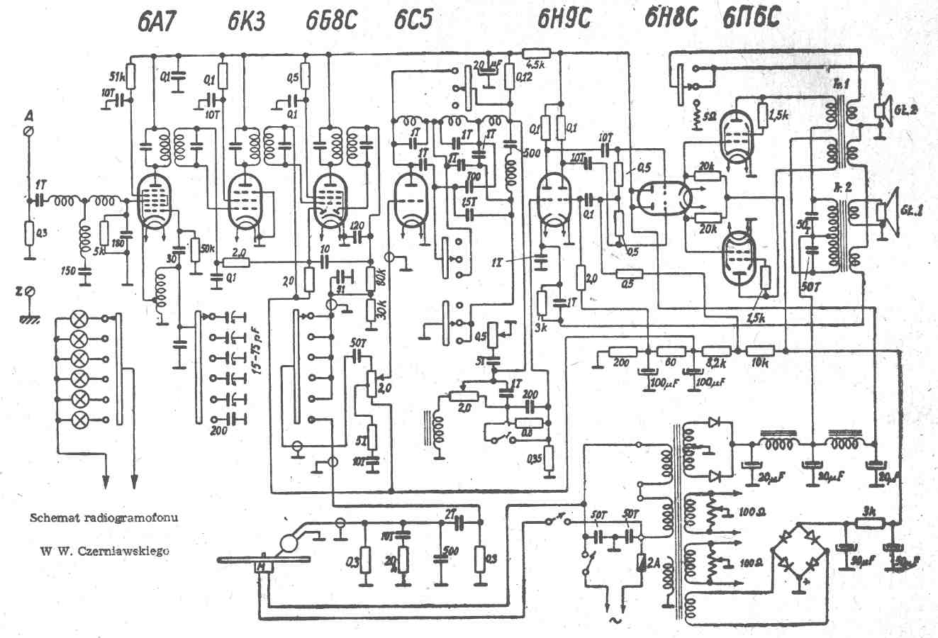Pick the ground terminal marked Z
28,291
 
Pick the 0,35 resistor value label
536,459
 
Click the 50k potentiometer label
208,247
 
